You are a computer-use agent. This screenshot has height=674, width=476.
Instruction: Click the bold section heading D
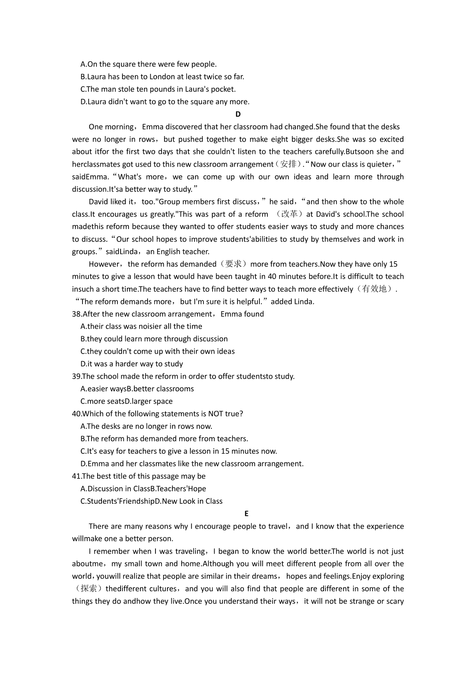tap(238, 114)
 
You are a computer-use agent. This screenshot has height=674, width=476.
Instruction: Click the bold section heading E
tap(246, 514)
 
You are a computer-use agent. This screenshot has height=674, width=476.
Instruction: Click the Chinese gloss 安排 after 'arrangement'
tap(288, 164)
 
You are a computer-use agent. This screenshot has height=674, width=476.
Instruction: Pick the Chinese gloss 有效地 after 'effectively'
tap(374, 289)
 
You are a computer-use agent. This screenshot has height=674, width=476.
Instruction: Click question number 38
tap(77, 314)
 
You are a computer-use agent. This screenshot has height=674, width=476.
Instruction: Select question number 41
tap(77, 476)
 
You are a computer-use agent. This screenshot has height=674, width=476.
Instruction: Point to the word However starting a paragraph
tap(104, 264)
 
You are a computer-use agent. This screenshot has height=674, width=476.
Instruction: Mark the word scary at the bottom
tap(395, 601)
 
